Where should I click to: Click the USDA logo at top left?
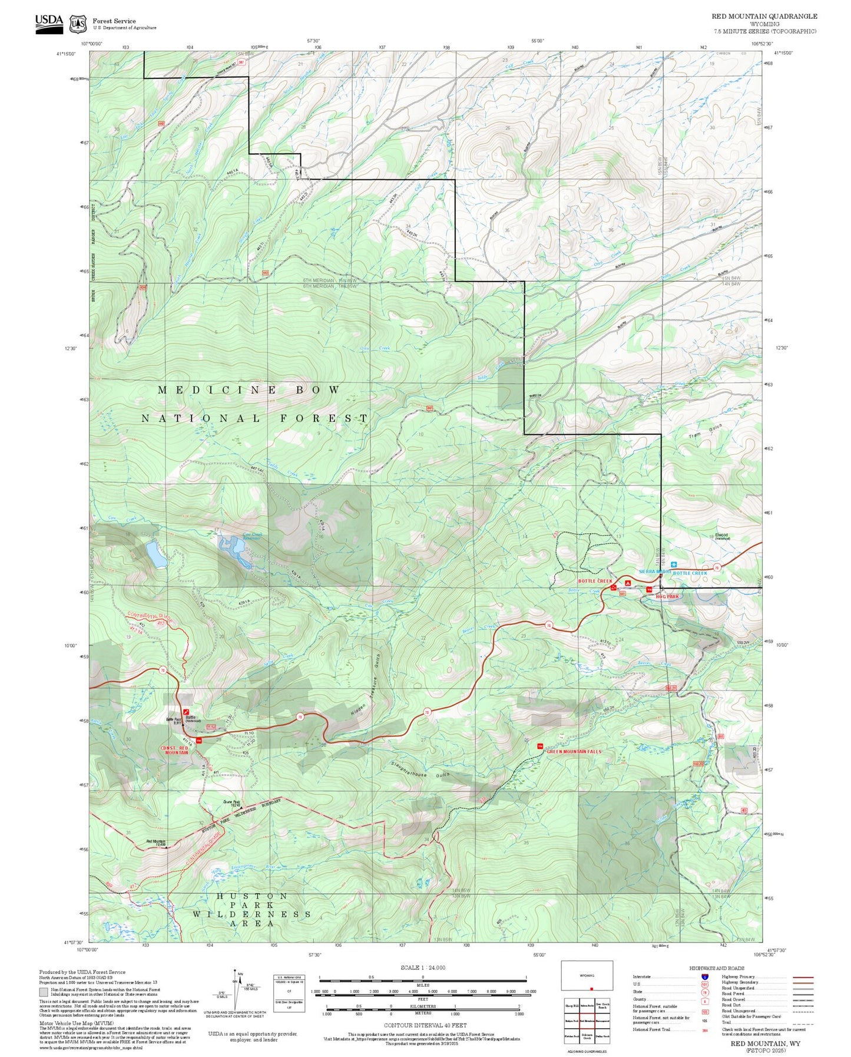[x=49, y=23]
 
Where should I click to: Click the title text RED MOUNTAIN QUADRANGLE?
[x=764, y=16]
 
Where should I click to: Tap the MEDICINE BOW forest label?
[x=249, y=390]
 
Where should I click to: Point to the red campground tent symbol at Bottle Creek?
[x=628, y=582]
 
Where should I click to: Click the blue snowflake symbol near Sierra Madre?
[x=674, y=564]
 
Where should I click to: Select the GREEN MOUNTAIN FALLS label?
[x=574, y=752]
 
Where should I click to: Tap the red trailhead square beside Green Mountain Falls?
[x=539, y=746]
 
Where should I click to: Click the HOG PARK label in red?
[x=668, y=596]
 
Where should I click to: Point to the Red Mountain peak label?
[x=155, y=842]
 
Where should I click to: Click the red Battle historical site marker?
[x=186, y=712]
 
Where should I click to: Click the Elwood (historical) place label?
[x=721, y=536]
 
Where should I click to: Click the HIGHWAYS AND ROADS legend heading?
[x=716, y=968]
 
